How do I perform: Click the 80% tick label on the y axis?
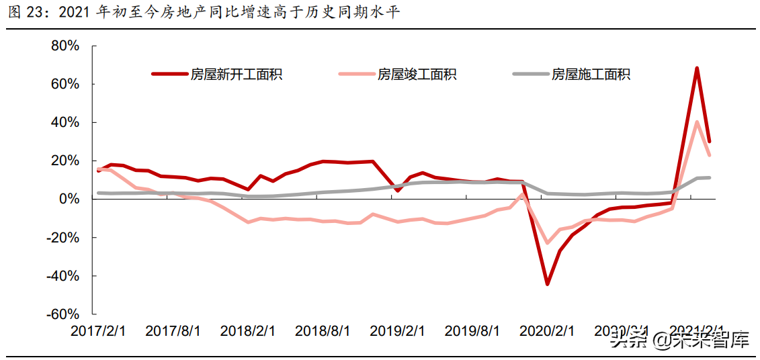point(65,46)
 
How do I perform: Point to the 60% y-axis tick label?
point(65,84)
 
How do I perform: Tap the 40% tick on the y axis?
point(65,123)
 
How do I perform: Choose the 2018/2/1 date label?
point(248,331)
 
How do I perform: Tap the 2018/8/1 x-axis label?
point(323,331)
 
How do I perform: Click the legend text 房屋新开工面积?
point(236,74)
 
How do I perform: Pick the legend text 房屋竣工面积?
point(417,74)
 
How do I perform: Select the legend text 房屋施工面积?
point(591,74)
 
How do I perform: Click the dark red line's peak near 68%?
point(697,69)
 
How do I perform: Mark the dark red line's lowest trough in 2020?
point(547,284)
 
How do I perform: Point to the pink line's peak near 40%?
point(698,122)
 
